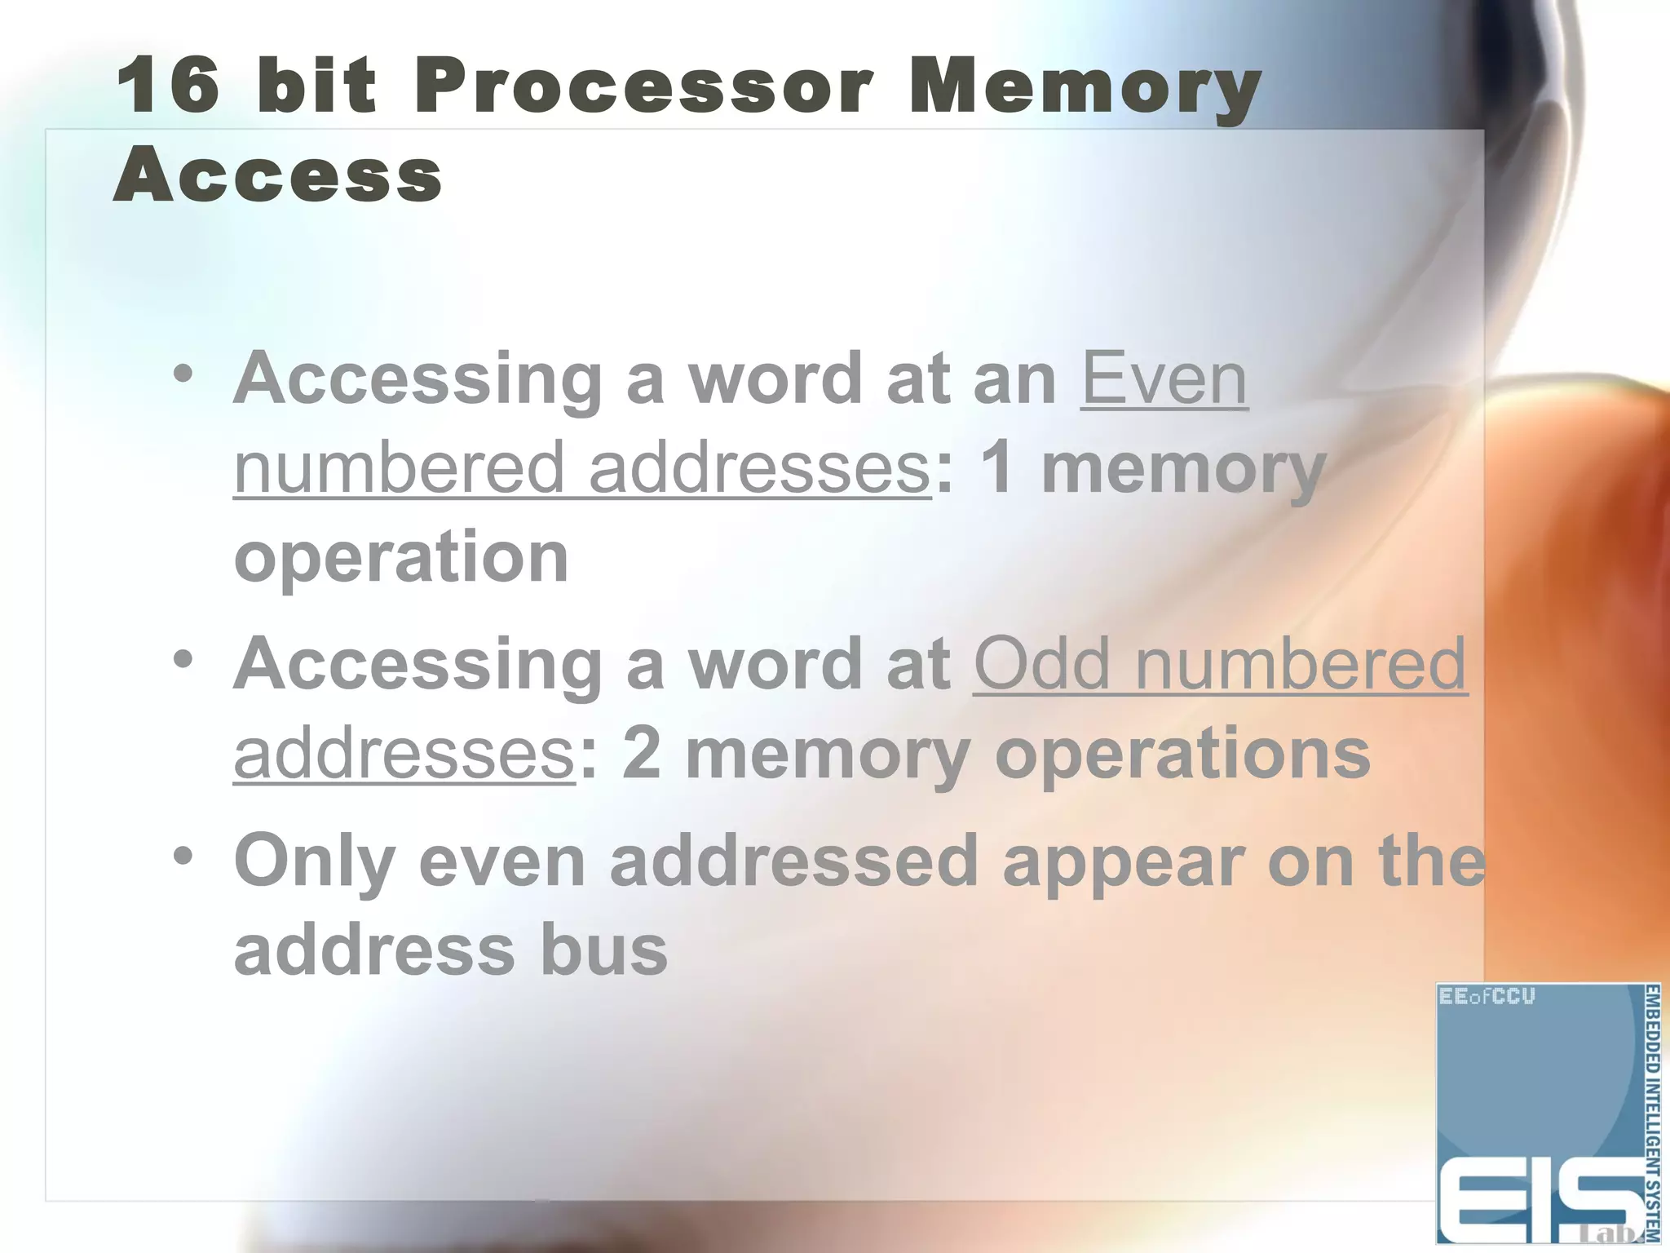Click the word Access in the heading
tap(278, 175)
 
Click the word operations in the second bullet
tap(1182, 755)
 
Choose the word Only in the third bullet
tap(314, 863)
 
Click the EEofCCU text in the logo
tap(1486, 996)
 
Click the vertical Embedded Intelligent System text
tap(1650, 1114)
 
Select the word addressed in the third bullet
tap(793, 861)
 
